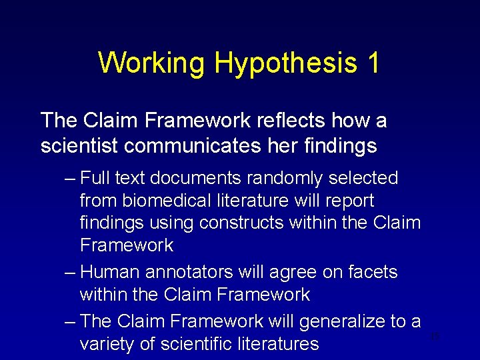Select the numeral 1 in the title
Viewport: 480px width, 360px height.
point(373,63)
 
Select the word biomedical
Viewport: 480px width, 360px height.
point(170,201)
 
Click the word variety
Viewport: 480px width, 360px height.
point(105,344)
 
